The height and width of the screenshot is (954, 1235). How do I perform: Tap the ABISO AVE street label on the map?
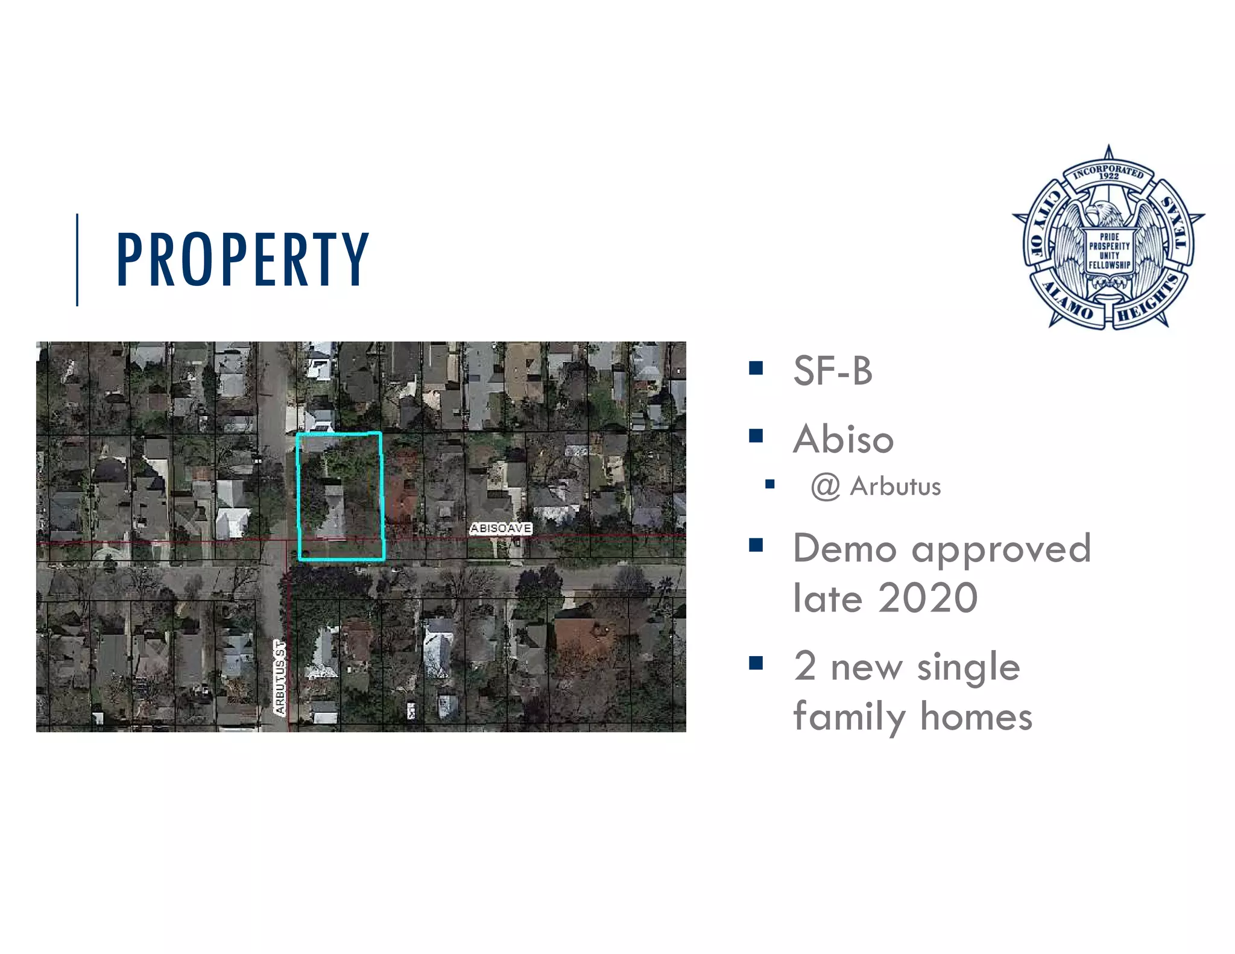click(x=501, y=528)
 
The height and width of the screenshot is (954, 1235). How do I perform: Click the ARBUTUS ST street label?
click(x=280, y=678)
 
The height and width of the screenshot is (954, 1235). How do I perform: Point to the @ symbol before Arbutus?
click(x=825, y=487)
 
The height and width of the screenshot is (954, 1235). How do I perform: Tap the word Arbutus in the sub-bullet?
click(x=895, y=487)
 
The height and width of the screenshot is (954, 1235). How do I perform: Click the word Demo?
click(x=844, y=549)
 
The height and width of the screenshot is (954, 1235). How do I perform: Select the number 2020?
click(x=927, y=598)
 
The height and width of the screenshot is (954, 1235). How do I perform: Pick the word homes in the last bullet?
click(x=976, y=717)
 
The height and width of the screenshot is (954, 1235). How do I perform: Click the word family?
click(x=850, y=718)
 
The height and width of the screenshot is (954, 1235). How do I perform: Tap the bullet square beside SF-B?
click(x=756, y=368)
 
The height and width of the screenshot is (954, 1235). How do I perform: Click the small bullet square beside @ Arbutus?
click(x=769, y=484)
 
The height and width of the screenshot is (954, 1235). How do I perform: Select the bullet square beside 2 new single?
click(x=756, y=663)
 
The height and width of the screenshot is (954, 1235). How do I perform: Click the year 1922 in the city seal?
click(x=1108, y=176)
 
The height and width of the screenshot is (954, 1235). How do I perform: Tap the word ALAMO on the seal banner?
click(x=1068, y=302)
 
